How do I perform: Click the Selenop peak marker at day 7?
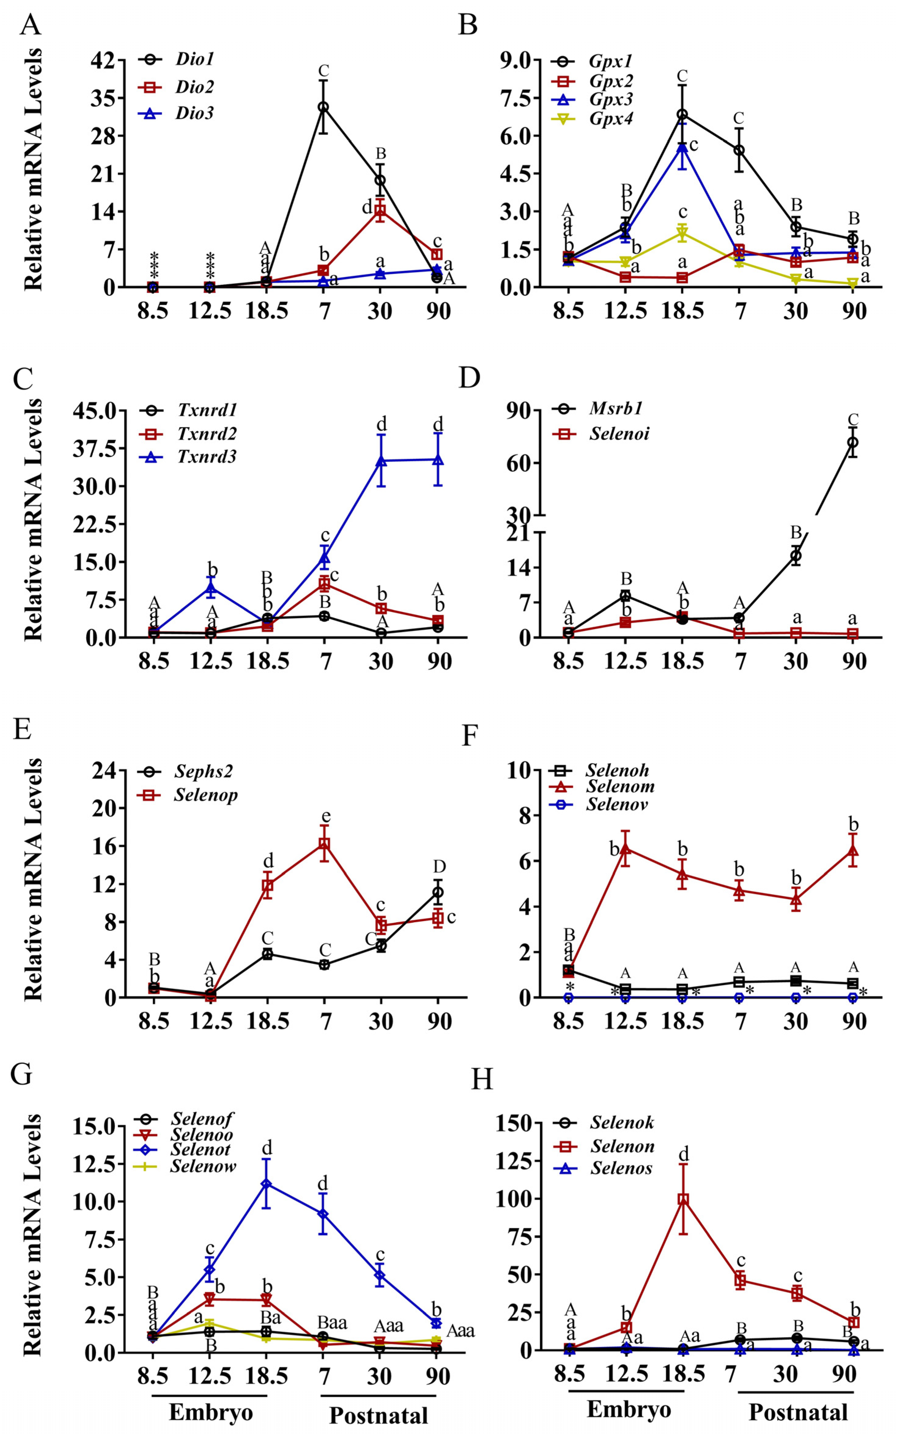coord(324,844)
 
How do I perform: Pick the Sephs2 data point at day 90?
coord(438,892)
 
